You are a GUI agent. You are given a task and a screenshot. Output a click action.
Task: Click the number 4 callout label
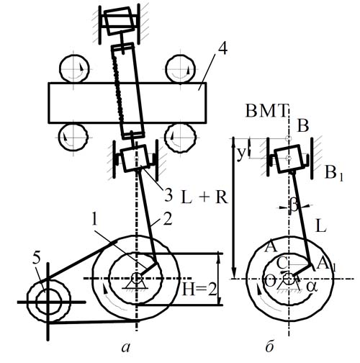(222, 49)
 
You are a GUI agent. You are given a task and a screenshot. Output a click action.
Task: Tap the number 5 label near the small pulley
(37, 259)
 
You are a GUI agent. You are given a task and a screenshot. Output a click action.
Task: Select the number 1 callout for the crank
(94, 220)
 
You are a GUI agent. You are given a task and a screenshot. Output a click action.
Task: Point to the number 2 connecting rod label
(167, 219)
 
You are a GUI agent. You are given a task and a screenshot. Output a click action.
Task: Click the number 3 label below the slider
(168, 195)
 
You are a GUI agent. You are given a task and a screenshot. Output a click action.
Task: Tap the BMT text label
(266, 111)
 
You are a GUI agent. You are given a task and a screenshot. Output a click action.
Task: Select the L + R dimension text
(204, 198)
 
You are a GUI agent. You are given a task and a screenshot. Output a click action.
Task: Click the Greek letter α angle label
(312, 287)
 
